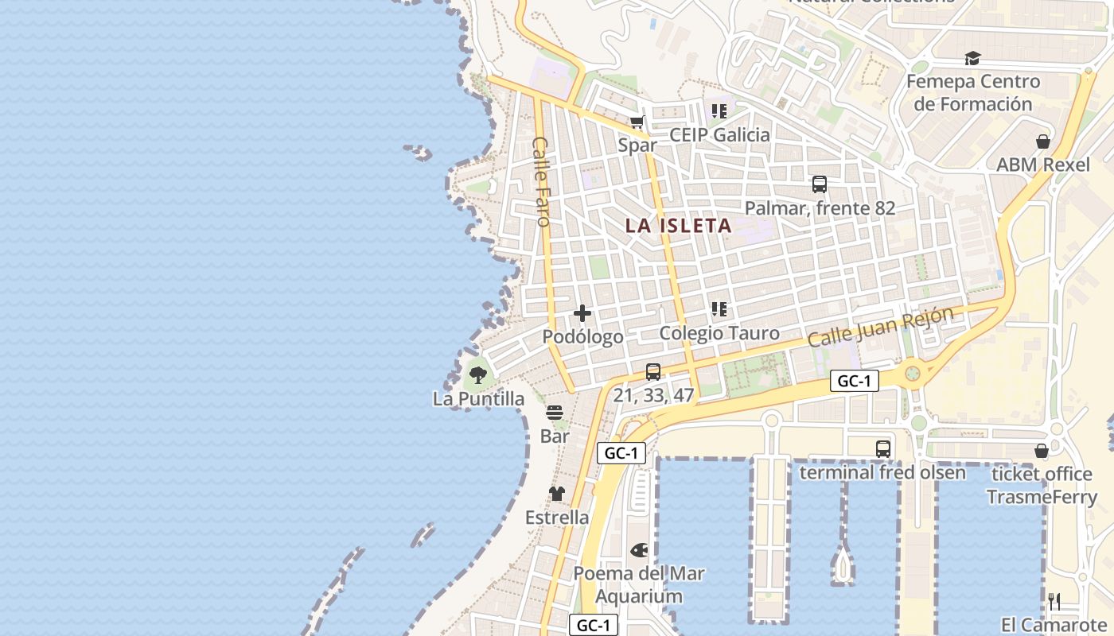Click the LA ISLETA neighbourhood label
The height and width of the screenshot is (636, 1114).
(x=678, y=226)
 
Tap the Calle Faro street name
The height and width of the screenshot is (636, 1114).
(x=542, y=181)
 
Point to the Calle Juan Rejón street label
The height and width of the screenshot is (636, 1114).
(x=880, y=326)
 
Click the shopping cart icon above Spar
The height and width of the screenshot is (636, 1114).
(x=637, y=122)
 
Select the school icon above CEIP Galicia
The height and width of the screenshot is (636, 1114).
(x=719, y=111)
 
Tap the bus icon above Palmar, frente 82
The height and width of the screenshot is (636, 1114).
(x=820, y=184)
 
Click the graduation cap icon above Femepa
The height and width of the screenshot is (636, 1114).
(x=972, y=58)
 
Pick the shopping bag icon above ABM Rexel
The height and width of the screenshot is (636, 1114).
(x=1042, y=142)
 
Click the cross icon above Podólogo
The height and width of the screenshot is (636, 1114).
(x=582, y=313)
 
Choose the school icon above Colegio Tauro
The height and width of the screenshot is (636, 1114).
(x=719, y=308)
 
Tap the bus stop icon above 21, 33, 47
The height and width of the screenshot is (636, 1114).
(x=653, y=371)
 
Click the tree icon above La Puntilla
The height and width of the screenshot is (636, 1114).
(x=478, y=374)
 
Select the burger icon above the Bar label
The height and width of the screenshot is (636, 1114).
(x=555, y=413)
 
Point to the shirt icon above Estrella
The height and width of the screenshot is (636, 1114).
(x=557, y=494)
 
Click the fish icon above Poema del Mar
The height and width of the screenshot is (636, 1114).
(x=639, y=549)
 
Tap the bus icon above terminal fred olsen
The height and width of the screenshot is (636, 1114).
(x=883, y=448)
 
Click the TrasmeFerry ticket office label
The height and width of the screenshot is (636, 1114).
(x=1042, y=486)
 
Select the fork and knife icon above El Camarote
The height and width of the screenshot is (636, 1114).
(x=1054, y=601)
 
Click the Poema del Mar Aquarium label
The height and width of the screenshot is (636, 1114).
(x=639, y=584)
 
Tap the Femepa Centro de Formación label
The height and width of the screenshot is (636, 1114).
(x=972, y=92)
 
